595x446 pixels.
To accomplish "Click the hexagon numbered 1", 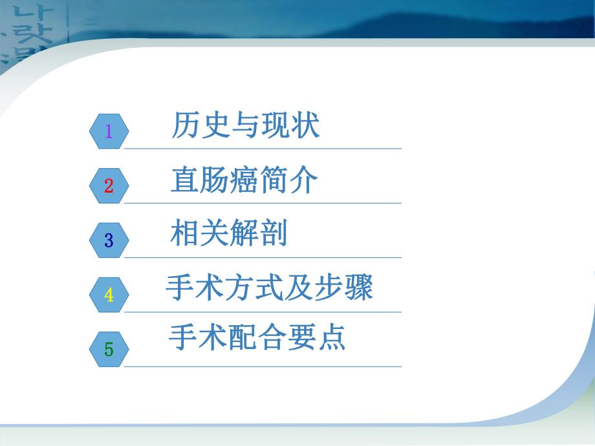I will click(109, 131).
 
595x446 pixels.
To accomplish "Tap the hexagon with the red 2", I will click(109, 186).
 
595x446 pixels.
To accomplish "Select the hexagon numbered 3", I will click(109, 240).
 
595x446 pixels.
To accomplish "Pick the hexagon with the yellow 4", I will click(109, 295).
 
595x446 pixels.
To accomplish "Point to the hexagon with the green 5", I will click(109, 350).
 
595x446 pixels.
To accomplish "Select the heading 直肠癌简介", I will click(244, 181).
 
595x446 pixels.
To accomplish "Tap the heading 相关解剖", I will click(229, 233).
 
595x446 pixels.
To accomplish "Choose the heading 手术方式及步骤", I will click(269, 288).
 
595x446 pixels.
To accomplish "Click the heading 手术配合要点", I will click(257, 337).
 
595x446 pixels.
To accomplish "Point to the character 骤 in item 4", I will click(358, 288).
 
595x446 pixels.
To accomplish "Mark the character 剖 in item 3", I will click(274, 233).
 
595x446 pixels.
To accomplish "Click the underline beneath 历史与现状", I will click(262, 149).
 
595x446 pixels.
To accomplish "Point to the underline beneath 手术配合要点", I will click(262, 367).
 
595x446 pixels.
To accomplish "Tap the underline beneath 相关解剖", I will click(262, 258).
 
